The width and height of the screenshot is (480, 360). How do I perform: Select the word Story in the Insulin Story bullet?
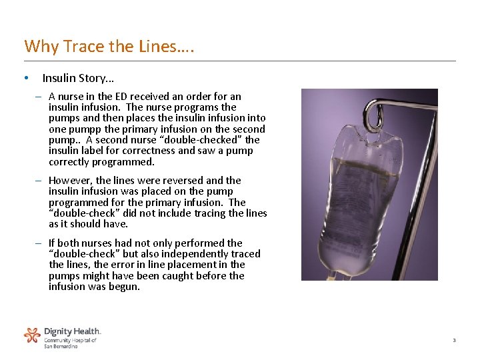pyautogui.click(x=88, y=78)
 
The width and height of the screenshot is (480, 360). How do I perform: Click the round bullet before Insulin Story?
pyautogui.click(x=25, y=78)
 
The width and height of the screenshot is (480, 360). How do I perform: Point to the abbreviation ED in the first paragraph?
pyautogui.click(x=119, y=97)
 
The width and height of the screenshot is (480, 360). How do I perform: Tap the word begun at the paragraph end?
pyautogui.click(x=127, y=287)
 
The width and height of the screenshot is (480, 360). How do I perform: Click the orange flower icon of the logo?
pyautogui.click(x=32, y=335)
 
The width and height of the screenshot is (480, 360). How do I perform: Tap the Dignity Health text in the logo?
pyautogui.click(x=72, y=331)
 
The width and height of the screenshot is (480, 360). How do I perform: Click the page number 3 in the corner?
pyautogui.click(x=454, y=341)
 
